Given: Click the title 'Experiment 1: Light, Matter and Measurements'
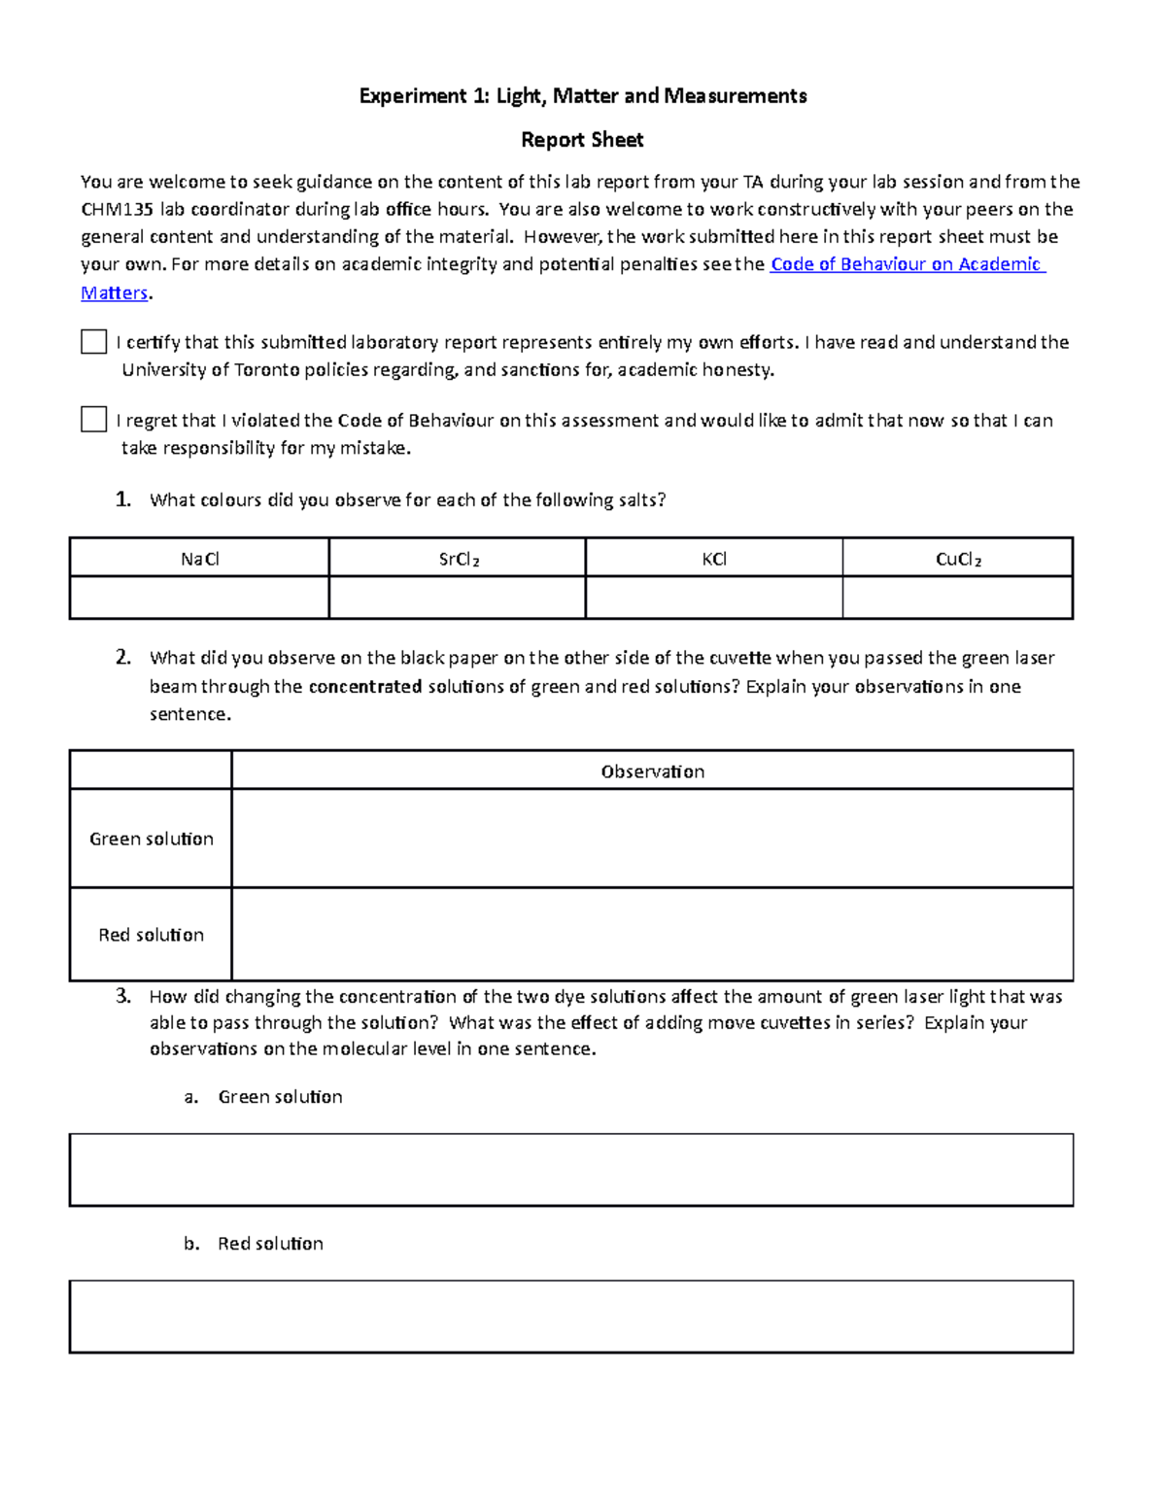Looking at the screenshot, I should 582,95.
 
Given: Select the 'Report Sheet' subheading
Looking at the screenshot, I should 582,140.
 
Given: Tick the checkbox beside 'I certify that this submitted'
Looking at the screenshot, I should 93,342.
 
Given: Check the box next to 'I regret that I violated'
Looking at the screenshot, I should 93,420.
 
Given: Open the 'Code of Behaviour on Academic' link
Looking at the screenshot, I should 906,264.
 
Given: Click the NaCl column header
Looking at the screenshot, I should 200,559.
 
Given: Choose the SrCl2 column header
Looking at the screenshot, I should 459,559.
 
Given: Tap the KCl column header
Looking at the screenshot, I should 714,559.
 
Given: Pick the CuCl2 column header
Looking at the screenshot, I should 958,559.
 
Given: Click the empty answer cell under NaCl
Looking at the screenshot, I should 200,598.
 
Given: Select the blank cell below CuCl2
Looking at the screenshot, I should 958,598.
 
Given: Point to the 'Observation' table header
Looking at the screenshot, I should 652,772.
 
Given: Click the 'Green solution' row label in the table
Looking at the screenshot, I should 152,839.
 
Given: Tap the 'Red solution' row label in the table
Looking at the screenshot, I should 152,935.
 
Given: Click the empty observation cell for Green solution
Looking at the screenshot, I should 652,839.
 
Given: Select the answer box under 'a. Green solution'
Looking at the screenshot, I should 571,1170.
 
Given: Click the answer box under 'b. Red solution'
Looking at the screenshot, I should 571,1317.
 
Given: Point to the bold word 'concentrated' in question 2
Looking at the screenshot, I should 364,687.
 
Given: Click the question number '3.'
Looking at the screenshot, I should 122,996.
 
